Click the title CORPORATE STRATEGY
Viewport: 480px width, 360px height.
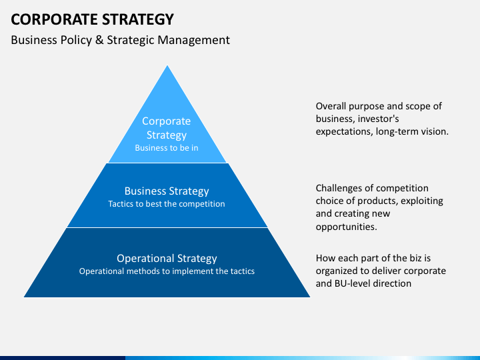(x=92, y=19)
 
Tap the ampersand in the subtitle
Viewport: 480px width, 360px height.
(x=99, y=40)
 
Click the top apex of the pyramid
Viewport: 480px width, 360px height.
(x=167, y=65)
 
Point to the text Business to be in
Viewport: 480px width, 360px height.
(x=167, y=148)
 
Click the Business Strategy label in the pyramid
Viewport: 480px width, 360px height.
(x=167, y=191)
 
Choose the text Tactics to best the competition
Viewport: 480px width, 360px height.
(x=167, y=204)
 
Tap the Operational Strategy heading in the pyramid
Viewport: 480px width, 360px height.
(x=167, y=259)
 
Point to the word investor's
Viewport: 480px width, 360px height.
(x=378, y=119)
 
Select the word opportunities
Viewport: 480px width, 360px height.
(x=346, y=227)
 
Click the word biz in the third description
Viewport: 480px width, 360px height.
(x=416, y=259)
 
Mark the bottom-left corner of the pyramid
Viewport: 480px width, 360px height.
(x=24, y=297)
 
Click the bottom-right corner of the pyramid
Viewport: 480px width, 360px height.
(x=310, y=297)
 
